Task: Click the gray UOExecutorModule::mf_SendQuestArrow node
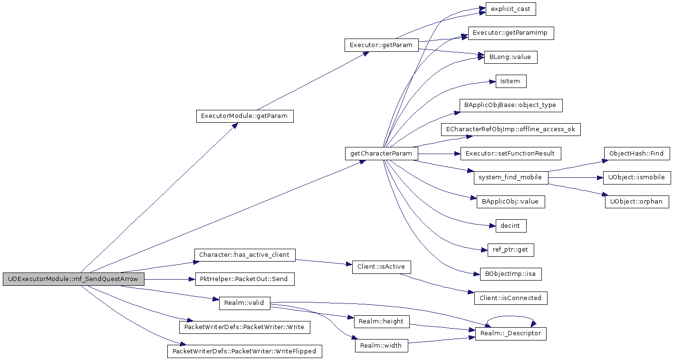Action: pos(74,279)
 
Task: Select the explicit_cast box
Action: pos(510,9)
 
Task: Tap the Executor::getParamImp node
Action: pos(511,33)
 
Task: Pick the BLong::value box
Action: pos(510,57)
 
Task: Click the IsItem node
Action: pos(511,81)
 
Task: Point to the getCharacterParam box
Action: pos(381,154)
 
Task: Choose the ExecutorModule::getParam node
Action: pos(245,116)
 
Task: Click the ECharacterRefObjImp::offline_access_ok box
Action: pos(511,129)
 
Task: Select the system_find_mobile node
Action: pos(511,177)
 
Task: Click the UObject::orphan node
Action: pos(637,202)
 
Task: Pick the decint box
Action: pos(511,226)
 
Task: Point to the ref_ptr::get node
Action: pos(511,250)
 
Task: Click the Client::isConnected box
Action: pos(511,298)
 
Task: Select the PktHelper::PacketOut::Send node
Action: pos(245,279)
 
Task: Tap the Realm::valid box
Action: pos(245,303)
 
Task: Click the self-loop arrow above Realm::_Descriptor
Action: pos(511,316)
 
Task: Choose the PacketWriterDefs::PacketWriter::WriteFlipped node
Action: pos(245,351)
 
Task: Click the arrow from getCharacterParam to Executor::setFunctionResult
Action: pos(439,154)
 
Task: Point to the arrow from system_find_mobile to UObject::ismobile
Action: pos(576,177)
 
